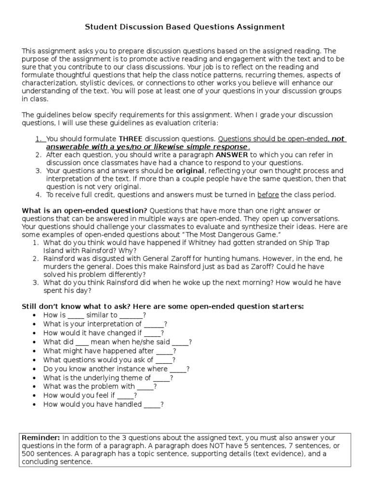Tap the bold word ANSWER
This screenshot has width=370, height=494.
[232, 155]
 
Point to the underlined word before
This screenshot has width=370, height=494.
[269, 195]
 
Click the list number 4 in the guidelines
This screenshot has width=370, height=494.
[38, 195]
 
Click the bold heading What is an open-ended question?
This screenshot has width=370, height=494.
[85, 211]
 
